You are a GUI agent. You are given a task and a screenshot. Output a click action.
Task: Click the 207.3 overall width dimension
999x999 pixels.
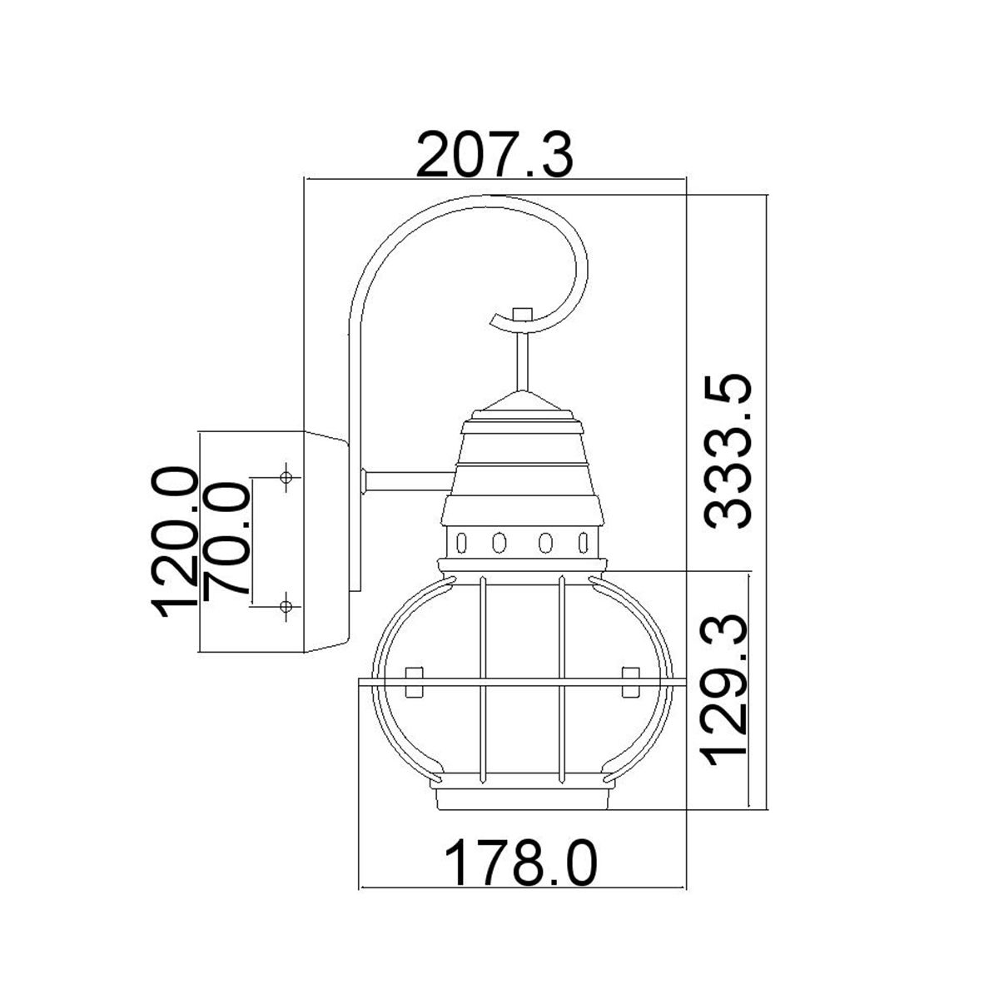(495, 155)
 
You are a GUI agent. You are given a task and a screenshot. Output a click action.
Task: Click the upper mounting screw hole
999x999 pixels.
(286, 478)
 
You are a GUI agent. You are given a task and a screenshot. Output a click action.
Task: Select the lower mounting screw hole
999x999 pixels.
(286, 605)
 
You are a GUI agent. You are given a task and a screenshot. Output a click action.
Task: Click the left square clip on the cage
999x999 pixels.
(413, 682)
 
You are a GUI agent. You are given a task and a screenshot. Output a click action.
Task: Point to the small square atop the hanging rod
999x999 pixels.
(522, 314)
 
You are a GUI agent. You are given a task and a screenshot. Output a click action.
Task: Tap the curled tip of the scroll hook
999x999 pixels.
(499, 318)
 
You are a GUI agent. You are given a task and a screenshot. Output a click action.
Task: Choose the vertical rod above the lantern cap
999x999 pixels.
(522, 358)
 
